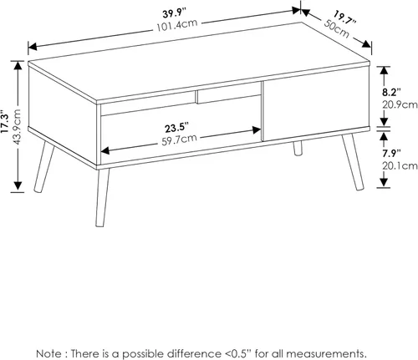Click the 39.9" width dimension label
[x=174, y=13]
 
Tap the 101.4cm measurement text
[x=177, y=26]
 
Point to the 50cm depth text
[x=336, y=28]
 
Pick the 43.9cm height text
[x=17, y=127]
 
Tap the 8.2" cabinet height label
[x=391, y=92]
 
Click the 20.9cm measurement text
[x=400, y=104]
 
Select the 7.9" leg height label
[x=391, y=154]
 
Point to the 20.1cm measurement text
[x=400, y=166]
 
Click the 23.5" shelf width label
[x=176, y=128]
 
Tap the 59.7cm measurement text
[x=180, y=139]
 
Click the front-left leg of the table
[x=102, y=197]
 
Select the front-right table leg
[x=353, y=162]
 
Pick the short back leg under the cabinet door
[x=298, y=148]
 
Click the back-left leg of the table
[x=44, y=166]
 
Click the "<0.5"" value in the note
[x=238, y=353]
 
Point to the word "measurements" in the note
[x=324, y=354]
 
